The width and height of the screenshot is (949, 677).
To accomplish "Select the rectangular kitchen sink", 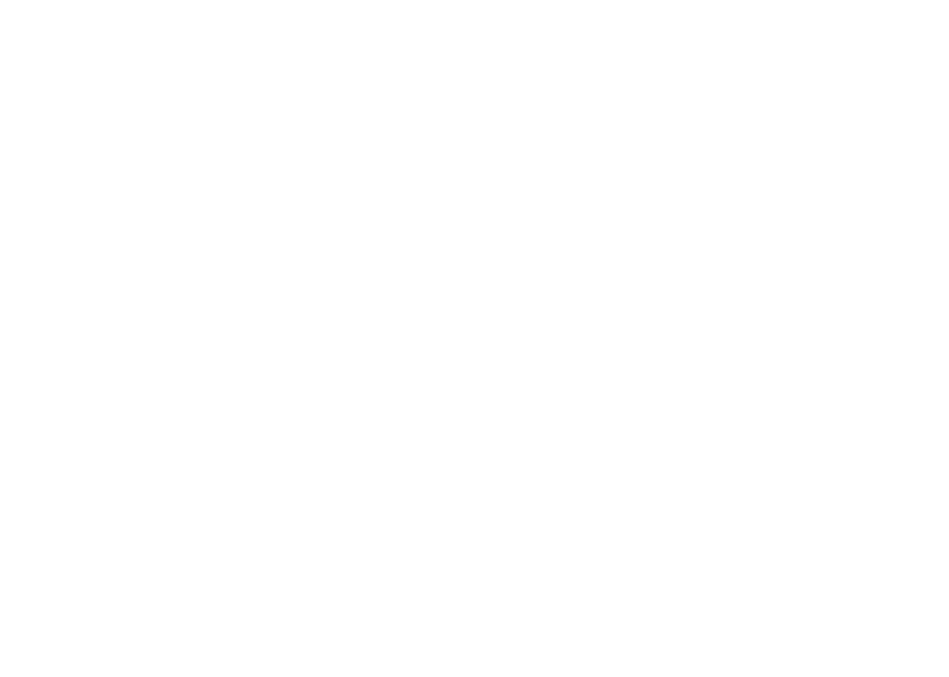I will click(x=746, y=197).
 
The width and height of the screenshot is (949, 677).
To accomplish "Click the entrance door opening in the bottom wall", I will click(x=148, y=550).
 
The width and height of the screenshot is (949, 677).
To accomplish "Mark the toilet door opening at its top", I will click(x=51, y=272).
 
